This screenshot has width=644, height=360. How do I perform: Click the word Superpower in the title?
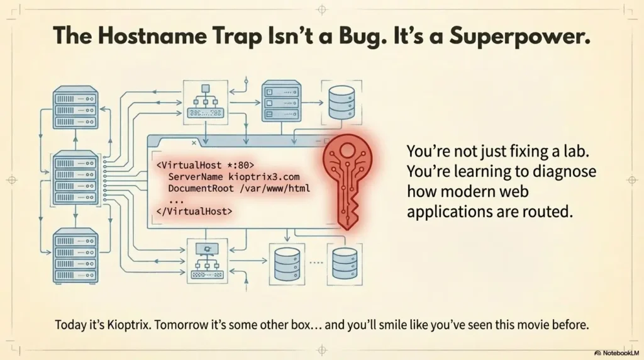tap(519, 36)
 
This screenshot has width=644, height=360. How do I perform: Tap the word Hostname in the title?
tap(152, 35)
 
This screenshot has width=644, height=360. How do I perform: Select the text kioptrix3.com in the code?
tap(264, 177)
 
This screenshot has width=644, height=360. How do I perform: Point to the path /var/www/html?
tap(275, 189)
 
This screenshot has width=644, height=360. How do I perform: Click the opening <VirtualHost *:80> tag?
tap(206, 165)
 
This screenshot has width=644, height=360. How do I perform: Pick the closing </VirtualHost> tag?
tap(194, 211)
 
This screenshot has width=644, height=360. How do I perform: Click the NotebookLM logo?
tap(616, 353)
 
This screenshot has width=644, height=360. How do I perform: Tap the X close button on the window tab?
tap(194, 143)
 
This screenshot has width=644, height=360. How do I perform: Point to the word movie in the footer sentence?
tap(533, 325)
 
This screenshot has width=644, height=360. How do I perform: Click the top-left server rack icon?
tap(75, 107)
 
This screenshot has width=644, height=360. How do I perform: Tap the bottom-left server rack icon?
tap(75, 256)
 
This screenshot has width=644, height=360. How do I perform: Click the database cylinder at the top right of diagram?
tap(341, 103)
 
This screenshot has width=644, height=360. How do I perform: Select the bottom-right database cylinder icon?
tap(345, 264)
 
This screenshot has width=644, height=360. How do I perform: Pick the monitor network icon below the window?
tap(208, 261)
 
